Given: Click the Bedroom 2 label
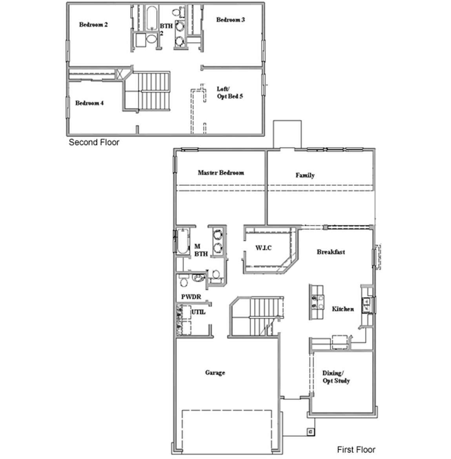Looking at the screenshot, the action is tap(93, 25).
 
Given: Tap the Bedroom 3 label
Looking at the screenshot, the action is tap(231, 20).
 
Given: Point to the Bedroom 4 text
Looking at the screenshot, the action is tap(89, 103).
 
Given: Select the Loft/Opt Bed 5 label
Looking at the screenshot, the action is tap(230, 93).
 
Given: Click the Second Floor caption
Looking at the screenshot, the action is tap(94, 142).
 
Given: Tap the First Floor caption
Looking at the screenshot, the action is tap(356, 449).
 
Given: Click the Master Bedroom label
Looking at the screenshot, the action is tap(221, 173).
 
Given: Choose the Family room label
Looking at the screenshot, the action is tap(305, 175).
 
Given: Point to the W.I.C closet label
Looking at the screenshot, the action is tap(264, 248).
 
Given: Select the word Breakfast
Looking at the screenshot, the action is tap(331, 252).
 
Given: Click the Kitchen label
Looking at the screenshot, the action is tap(343, 309).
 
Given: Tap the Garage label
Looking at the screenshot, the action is tap(215, 373).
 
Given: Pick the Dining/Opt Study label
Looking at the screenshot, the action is tap(336, 377).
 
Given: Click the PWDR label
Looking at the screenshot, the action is tap(191, 297).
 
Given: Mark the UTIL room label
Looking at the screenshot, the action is tap(198, 312).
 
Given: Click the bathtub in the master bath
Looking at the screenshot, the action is tap(183, 242).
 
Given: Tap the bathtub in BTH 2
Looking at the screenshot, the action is tap(152, 18).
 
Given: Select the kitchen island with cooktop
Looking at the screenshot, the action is tap(316, 302).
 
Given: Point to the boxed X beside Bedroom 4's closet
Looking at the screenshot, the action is tap(120, 74).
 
